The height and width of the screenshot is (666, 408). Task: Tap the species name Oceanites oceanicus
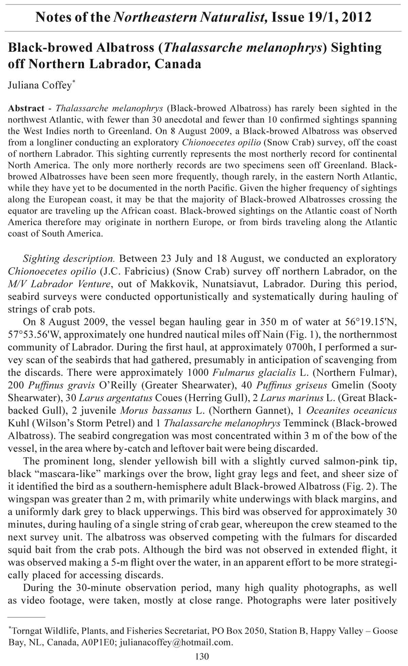[352, 411]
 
